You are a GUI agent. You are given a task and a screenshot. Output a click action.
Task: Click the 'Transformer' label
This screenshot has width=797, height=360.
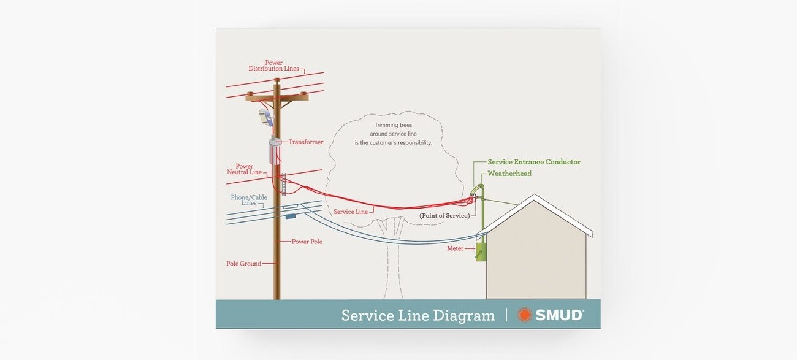pyautogui.click(x=306, y=142)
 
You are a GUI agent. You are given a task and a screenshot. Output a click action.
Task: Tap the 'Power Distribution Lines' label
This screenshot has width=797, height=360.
pyautogui.click(x=273, y=66)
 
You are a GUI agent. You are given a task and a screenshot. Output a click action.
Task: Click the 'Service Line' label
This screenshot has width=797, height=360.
pyautogui.click(x=351, y=212)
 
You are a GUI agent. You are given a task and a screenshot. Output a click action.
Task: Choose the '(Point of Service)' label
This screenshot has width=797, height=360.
pyautogui.click(x=444, y=216)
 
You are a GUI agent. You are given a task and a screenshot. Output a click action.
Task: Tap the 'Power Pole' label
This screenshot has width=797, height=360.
pyautogui.click(x=307, y=242)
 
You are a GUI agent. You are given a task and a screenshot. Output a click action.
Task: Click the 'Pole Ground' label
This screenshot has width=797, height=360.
pyautogui.click(x=243, y=264)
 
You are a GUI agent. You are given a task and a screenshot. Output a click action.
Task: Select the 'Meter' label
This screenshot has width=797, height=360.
pyautogui.click(x=455, y=248)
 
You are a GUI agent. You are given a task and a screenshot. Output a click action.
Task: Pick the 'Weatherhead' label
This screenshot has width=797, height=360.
pyautogui.click(x=509, y=174)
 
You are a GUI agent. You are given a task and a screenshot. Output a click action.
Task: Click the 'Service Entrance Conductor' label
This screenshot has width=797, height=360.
pyautogui.click(x=534, y=162)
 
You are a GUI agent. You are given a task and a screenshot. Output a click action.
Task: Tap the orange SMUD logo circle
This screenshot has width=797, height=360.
pyautogui.click(x=524, y=315)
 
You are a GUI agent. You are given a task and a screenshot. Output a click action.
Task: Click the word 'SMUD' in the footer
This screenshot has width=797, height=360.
pyautogui.click(x=559, y=315)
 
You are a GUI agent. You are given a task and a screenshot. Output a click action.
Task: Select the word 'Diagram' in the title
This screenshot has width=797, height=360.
pyautogui.click(x=463, y=316)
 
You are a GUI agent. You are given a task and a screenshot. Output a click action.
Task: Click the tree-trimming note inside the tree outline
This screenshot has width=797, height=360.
pyautogui.click(x=394, y=134)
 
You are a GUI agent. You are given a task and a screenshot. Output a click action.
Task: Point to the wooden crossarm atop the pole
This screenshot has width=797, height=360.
pyautogui.click(x=277, y=97)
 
